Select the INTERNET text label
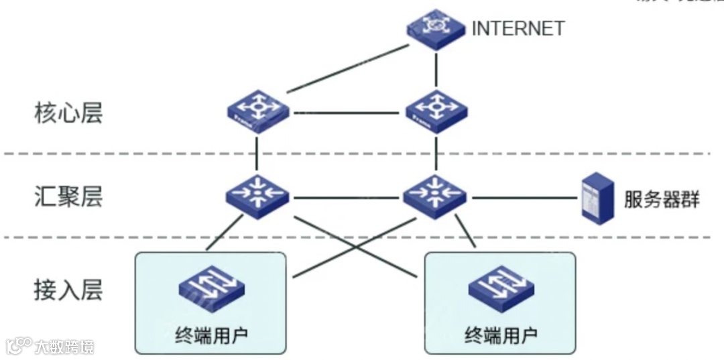(518, 29)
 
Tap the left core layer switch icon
(257, 113)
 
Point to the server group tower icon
(598, 196)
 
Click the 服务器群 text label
(661, 199)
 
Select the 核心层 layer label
(68, 113)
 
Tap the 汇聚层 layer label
(68, 198)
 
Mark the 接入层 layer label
(68, 290)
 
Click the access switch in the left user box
(210, 289)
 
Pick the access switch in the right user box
(501, 289)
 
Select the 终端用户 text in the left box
(210, 333)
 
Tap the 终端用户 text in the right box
(501, 334)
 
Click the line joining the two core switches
(347, 112)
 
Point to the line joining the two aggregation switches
(347, 198)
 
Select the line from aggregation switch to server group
(524, 198)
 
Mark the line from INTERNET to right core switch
(437, 69)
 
